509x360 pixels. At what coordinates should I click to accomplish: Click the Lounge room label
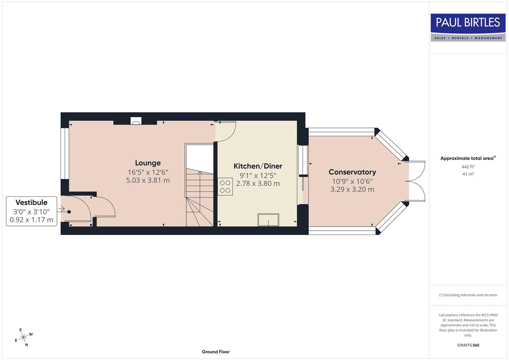click(148, 163)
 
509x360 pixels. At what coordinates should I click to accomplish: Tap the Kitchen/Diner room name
click(258, 166)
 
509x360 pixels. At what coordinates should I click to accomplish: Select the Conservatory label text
click(352, 172)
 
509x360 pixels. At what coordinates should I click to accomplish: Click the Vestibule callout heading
click(31, 202)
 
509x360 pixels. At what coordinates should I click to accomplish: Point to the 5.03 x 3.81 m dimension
click(148, 180)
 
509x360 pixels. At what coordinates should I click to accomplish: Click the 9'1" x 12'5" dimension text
click(258, 175)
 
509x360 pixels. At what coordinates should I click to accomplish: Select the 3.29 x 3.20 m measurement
click(352, 189)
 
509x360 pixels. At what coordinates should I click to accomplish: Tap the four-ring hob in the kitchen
click(225, 187)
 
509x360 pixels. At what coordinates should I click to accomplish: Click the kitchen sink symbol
click(268, 220)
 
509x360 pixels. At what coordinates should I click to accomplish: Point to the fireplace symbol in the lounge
click(136, 121)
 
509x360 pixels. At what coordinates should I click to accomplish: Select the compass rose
click(23, 338)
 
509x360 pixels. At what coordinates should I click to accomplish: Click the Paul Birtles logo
click(468, 27)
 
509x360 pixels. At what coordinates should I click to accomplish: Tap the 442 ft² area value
click(468, 167)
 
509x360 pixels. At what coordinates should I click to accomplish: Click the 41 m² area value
click(468, 174)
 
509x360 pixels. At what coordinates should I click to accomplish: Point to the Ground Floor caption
click(215, 352)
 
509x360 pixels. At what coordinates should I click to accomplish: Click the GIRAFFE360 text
click(468, 345)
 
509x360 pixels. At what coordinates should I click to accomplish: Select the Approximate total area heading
click(468, 158)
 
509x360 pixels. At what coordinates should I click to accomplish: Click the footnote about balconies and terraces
click(468, 295)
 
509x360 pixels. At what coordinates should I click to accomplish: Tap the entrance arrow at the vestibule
click(61, 209)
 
